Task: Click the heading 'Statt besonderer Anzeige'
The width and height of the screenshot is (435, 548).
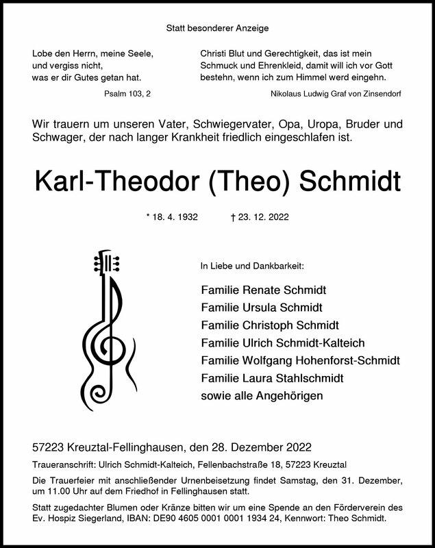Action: click(x=217, y=28)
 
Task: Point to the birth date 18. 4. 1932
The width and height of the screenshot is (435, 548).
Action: click(x=173, y=217)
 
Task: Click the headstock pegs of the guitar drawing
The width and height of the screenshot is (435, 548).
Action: click(x=107, y=263)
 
